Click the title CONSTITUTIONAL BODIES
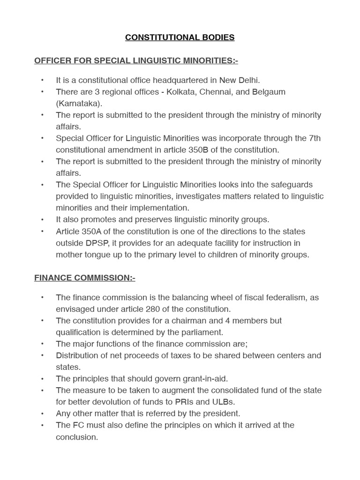click(x=180, y=37)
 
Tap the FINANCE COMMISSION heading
click(x=84, y=278)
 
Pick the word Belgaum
click(x=269, y=92)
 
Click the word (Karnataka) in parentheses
click(x=79, y=103)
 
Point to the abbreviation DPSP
click(x=96, y=243)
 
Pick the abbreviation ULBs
click(x=225, y=402)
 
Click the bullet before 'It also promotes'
click(x=43, y=220)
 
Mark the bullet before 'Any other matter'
click(x=43, y=413)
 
